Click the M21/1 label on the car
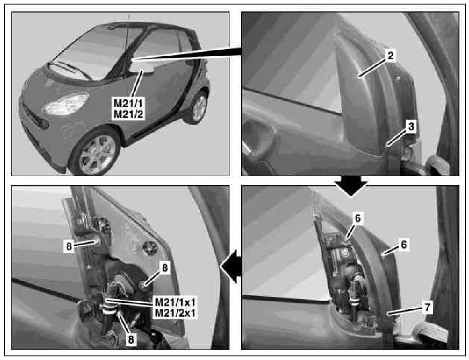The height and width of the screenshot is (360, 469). tap(128, 103)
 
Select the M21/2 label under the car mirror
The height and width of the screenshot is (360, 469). tap(129, 114)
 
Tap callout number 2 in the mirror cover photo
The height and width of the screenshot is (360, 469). tap(391, 56)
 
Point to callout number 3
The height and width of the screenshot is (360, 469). tap(411, 127)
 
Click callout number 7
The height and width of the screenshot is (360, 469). tap(428, 307)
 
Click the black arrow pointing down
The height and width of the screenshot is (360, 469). tap(352, 186)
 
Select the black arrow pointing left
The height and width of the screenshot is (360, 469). tap(231, 266)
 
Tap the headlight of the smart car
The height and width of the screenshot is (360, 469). tap(66, 104)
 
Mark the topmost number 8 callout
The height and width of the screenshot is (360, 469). tap(69, 246)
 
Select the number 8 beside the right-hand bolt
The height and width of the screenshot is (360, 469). tap(164, 268)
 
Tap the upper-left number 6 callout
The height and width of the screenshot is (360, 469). tap(358, 219)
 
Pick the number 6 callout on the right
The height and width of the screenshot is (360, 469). tap(404, 245)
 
